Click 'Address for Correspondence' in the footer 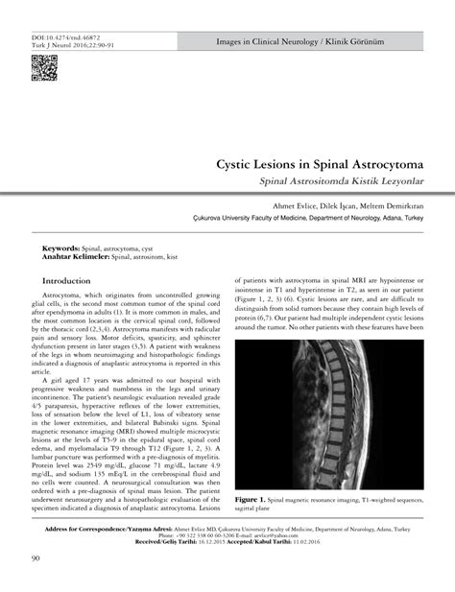[x=95, y=529]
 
